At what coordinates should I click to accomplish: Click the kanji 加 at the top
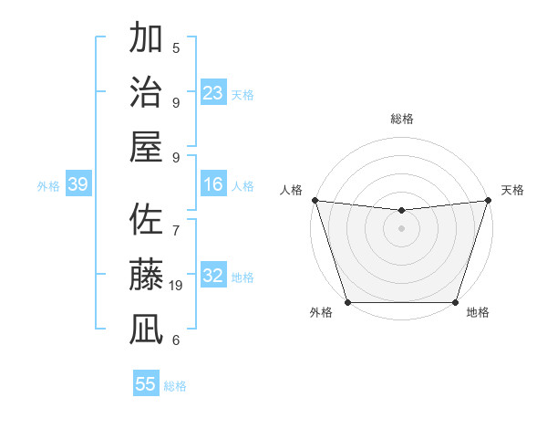pos(147,38)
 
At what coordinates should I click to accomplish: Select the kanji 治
pos(147,92)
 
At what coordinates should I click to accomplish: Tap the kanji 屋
pos(147,146)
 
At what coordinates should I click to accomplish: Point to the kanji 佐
pos(147,221)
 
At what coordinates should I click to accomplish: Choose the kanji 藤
pos(147,275)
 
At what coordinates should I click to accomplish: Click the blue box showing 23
pos(213,93)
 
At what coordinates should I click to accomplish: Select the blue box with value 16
pos(213,185)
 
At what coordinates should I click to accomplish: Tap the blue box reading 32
pos(213,277)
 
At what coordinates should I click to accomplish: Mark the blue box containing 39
pos(78,185)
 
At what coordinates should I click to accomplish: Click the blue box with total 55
pos(146,384)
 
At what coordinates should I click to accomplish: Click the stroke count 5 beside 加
pos(176,48)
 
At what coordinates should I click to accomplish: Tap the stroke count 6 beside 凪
pos(176,340)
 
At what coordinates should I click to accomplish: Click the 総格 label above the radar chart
pos(401,119)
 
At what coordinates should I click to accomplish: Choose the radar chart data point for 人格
pos(315,200)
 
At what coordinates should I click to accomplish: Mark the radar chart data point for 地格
pos(455,302)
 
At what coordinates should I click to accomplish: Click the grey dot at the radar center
pos(401,228)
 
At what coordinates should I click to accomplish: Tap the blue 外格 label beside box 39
pos(48,186)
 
